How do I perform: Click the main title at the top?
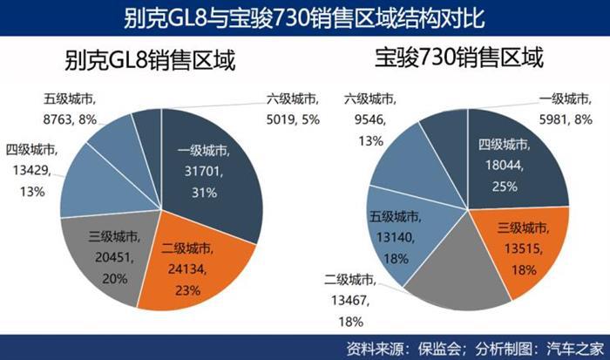pos(304,17)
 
